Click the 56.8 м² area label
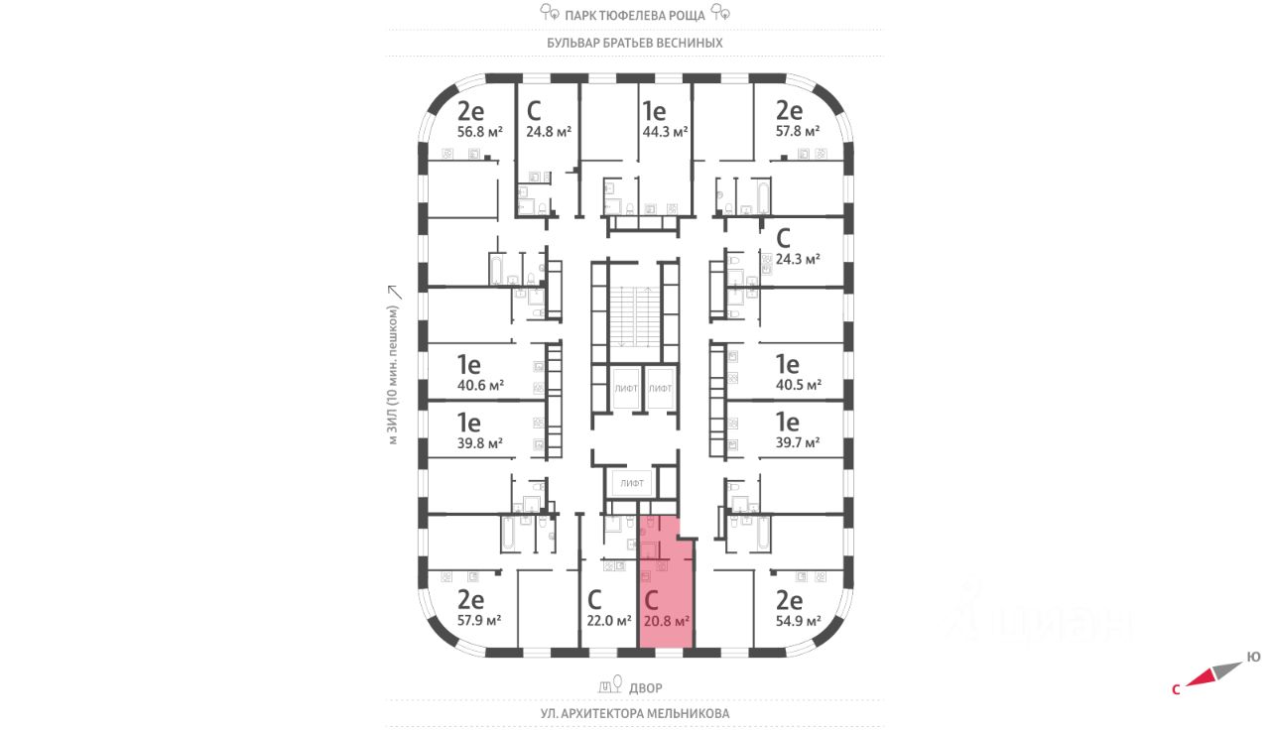(480, 131)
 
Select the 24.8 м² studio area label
(549, 131)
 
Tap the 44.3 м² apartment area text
(666, 131)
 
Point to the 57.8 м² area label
(798, 131)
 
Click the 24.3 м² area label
(798, 259)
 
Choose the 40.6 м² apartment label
(480, 385)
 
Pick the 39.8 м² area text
(480, 443)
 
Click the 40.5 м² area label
(799, 385)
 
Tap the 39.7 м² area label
(799, 443)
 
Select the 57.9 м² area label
(478, 621)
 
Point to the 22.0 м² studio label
(609, 622)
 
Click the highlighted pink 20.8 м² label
(667, 622)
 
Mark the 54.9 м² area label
(799, 621)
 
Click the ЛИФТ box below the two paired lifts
(632, 484)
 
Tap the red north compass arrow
(1202, 678)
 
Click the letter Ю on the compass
(1254, 657)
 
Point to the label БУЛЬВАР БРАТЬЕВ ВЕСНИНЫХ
(635, 44)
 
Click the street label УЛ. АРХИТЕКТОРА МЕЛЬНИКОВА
(635, 713)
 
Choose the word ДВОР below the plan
(644, 687)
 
